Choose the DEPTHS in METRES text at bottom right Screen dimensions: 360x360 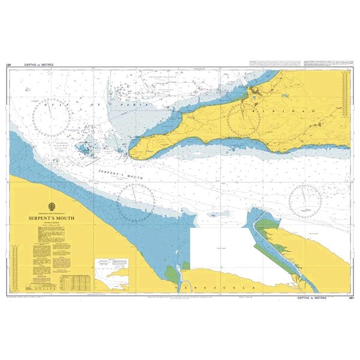point(312,298)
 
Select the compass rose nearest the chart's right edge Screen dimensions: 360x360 point(305,200)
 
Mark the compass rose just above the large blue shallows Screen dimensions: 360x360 point(135,200)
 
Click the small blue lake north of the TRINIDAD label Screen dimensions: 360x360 point(255,92)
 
